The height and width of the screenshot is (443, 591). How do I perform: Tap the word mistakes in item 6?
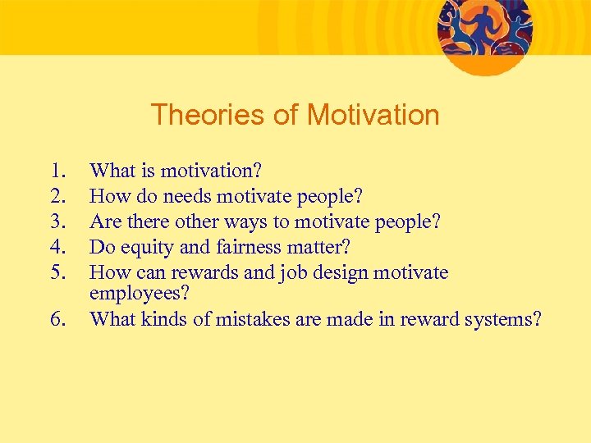pos(255,318)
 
